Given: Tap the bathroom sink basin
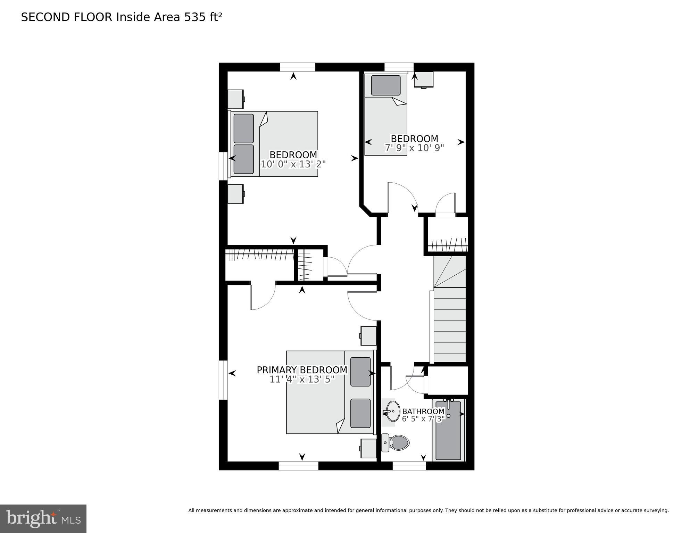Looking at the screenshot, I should point(393,411).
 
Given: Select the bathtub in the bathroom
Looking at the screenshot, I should point(448,431).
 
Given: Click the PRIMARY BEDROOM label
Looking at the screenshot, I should point(302,370).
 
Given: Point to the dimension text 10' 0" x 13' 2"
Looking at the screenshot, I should point(293,164).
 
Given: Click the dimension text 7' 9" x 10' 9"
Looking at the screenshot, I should point(414,148).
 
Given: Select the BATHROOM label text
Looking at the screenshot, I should point(423,411).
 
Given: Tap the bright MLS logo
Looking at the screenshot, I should point(43,518).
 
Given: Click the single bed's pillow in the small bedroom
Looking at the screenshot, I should point(385,85).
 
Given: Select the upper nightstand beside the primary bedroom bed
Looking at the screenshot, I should point(369,336).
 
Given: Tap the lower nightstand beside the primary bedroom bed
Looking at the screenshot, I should point(369,448).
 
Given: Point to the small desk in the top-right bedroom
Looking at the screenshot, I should point(424,80).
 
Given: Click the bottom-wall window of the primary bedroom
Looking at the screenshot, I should point(298,466).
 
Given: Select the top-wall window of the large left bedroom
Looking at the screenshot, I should point(297,67).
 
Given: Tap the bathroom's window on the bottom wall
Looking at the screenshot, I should point(409,466).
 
